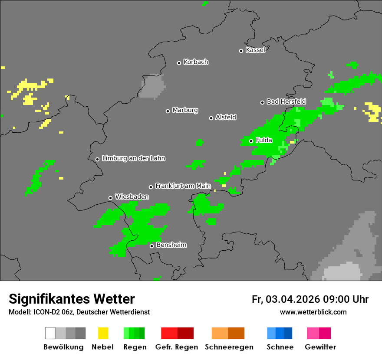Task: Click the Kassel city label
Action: point(255,50)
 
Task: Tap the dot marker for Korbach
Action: point(179,63)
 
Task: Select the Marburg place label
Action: point(185,110)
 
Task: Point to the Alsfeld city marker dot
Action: point(211,118)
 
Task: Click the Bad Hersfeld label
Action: point(286,101)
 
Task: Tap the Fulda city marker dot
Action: point(251,141)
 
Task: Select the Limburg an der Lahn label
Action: point(133,158)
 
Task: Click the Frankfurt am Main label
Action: point(183,186)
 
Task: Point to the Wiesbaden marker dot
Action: point(110,198)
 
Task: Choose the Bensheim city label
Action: point(171,245)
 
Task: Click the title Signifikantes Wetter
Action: point(72,299)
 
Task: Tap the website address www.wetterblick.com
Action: point(313,312)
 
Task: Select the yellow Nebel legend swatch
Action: point(103,333)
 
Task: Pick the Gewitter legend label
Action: point(320,347)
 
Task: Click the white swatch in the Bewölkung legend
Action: point(50,333)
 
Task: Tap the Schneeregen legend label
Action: point(229,347)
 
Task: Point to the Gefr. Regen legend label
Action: point(176,347)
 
